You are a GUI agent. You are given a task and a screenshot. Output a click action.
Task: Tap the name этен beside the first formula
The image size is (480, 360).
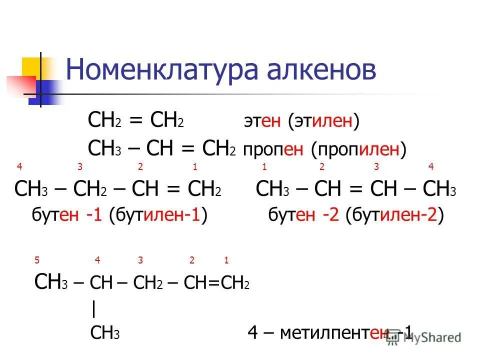pyautogui.click(x=263, y=122)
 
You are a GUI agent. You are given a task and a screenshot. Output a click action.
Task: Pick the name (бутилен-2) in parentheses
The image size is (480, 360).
pyautogui.click(x=397, y=216)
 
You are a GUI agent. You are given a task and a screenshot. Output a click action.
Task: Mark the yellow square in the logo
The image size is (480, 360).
pyautogui.click(x=31, y=67)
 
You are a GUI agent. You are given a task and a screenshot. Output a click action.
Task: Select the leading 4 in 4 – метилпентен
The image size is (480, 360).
pyautogui.click(x=253, y=333)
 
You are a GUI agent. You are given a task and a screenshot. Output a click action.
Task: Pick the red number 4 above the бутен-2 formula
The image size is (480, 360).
pyautogui.click(x=431, y=167)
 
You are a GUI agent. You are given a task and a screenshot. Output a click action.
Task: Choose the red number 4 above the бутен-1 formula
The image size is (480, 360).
pyautogui.click(x=19, y=167)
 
